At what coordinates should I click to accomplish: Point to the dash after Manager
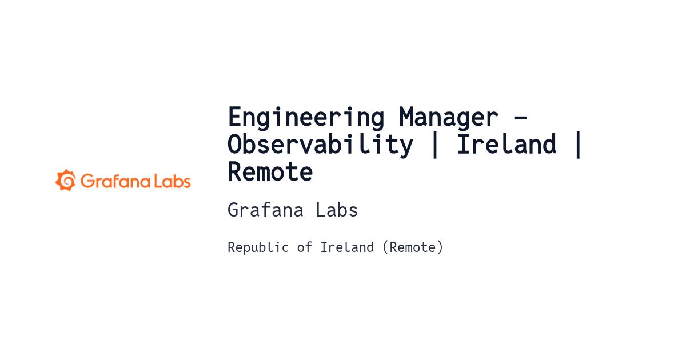[521, 117]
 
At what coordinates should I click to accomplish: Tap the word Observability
[320, 144]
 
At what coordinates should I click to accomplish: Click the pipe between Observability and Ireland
[434, 145]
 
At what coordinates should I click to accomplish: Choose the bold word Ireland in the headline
[506, 144]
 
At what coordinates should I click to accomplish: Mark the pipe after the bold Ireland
[578, 145]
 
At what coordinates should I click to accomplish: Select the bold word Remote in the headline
[270, 172]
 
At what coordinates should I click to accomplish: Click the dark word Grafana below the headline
[265, 210]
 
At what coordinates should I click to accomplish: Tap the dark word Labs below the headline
[337, 210]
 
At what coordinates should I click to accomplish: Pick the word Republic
[258, 247]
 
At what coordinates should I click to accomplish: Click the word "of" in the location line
[304, 247]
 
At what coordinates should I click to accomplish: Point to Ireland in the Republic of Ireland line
[347, 247]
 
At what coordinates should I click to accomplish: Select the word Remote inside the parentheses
[412, 247]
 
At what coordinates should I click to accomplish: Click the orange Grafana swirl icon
[66, 180]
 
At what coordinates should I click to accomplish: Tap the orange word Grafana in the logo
[115, 181]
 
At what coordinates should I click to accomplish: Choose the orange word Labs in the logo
[172, 181]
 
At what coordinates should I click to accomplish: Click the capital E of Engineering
[235, 117]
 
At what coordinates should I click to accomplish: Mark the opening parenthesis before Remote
[385, 247]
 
